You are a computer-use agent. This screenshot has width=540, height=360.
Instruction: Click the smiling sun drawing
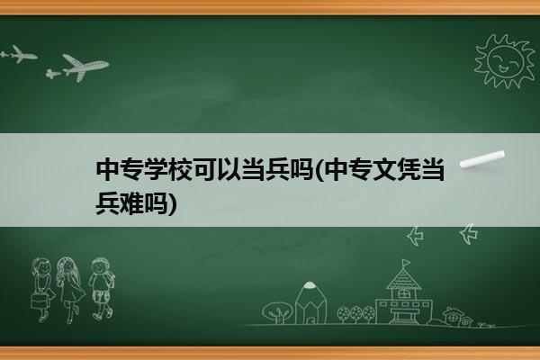[505, 61]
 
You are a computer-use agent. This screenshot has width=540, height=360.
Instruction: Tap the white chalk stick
[482, 159]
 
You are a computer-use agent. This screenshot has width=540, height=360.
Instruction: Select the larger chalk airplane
[84, 67]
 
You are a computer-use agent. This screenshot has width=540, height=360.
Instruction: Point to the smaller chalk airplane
[19, 54]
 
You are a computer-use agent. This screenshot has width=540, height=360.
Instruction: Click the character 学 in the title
[156, 169]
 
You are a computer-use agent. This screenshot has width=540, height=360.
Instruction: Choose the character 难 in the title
[132, 202]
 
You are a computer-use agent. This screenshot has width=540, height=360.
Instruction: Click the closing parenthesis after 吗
[172, 203]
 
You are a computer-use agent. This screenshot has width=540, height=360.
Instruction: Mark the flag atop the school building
[406, 263]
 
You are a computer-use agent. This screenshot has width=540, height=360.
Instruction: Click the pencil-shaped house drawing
[310, 302]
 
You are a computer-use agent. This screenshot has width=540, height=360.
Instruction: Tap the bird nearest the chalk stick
[469, 234]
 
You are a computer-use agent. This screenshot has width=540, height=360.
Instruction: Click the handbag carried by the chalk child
[39, 301]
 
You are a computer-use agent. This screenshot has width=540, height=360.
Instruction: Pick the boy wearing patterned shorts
[101, 289]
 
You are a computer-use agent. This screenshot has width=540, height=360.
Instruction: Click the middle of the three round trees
[356, 314]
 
